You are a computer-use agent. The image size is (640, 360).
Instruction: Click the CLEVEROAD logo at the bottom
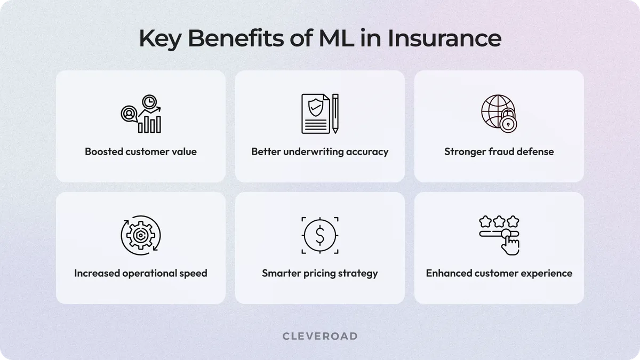[x=320, y=336]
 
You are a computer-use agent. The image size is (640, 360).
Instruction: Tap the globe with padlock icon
[x=499, y=114]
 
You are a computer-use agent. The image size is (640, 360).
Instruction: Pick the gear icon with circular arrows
[x=141, y=235]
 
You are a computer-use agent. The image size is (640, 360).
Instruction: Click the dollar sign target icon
[x=319, y=235]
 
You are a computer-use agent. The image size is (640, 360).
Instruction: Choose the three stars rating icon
[x=499, y=220]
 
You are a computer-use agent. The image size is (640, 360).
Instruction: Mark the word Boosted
[x=104, y=151]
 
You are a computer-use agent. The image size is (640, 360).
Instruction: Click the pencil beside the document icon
[x=335, y=114]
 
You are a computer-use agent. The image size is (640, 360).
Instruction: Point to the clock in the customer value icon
[x=149, y=101]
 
